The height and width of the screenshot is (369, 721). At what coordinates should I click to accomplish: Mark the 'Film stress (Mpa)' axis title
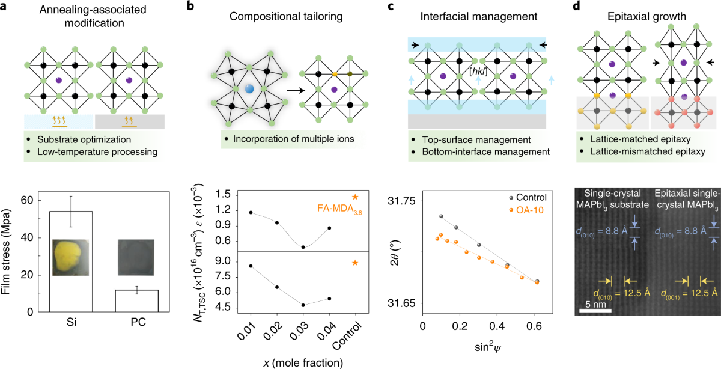point(8,252)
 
